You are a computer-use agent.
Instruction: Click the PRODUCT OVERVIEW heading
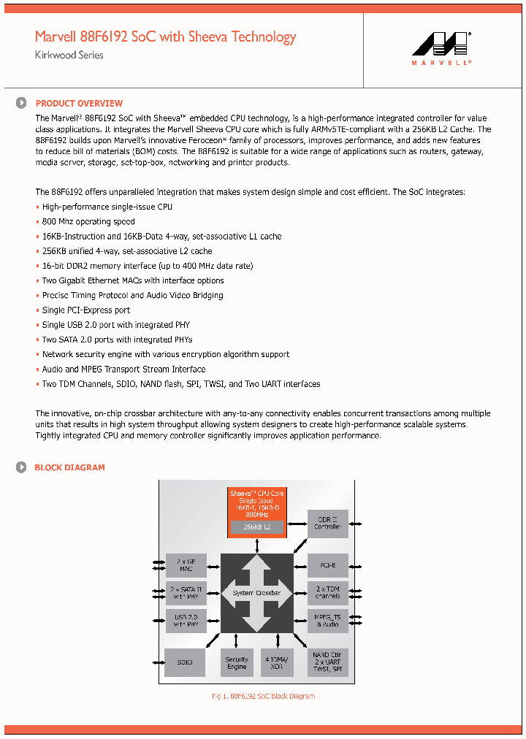[79, 104]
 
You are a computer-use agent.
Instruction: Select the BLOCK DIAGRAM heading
[69, 467]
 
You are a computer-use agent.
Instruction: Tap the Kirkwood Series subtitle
[69, 55]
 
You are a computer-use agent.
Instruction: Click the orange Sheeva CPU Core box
[256, 504]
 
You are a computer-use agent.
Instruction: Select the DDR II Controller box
[327, 524]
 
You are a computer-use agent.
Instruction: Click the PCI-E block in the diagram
[327, 565]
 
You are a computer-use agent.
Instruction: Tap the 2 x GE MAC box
[186, 565]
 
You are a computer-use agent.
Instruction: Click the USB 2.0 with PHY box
[186, 621]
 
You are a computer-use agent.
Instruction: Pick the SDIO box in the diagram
[186, 662]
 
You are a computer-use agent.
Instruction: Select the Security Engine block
[237, 662]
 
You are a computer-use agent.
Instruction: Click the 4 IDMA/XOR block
[277, 662]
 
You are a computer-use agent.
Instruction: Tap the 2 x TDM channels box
[327, 592]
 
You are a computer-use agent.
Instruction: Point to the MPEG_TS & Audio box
[327, 621]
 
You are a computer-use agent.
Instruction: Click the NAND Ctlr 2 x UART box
[327, 662]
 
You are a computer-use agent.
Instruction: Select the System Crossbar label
[256, 593]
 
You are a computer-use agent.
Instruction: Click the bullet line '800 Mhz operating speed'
[88, 222]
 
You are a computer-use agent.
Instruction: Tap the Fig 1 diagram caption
[263, 697]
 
